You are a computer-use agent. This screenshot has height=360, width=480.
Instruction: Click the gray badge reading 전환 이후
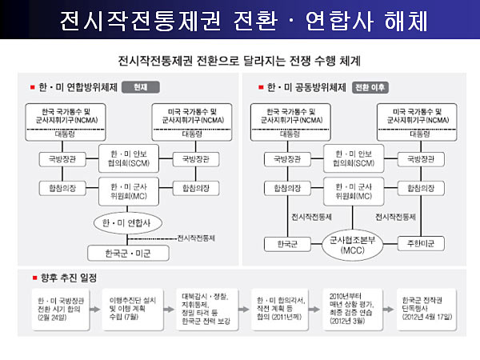370,86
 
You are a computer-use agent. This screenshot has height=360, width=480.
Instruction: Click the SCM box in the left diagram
130,158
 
